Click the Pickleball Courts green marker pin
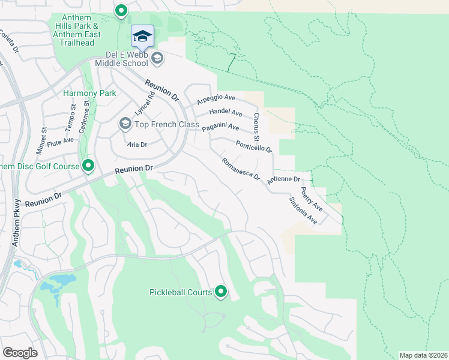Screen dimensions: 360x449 click(x=221, y=292)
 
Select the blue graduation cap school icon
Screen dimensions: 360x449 click(x=142, y=37)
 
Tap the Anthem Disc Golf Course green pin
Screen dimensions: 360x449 click(x=88, y=166)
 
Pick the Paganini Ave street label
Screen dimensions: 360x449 click(x=220, y=128)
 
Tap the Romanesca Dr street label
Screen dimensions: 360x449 click(x=240, y=170)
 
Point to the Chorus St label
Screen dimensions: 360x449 click(x=256, y=127)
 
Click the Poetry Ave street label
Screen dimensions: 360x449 click(x=312, y=199)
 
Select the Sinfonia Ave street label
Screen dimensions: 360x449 click(x=303, y=211)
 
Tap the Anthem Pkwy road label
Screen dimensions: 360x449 click(x=17, y=222)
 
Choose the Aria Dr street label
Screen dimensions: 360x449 click(x=137, y=145)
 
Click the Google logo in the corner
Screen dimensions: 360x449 click(x=20, y=352)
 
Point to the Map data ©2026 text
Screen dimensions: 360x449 click(x=423, y=355)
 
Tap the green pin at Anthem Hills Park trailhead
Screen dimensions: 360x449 click(x=121, y=11)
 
